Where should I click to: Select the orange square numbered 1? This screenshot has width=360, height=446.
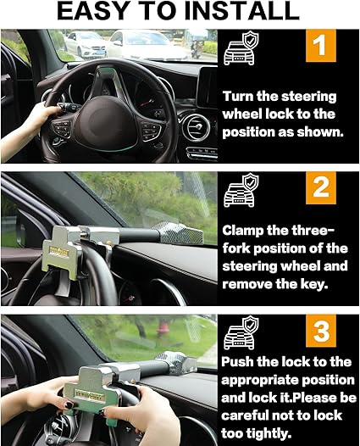(321, 46)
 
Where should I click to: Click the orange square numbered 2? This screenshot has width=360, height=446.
(321, 187)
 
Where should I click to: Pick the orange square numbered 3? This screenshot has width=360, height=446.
(321, 331)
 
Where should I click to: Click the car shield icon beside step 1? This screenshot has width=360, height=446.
(241, 48)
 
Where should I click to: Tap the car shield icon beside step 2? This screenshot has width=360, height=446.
(241, 190)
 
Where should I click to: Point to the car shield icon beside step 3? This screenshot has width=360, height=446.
(241, 332)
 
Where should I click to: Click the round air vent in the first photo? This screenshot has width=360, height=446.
(196, 127)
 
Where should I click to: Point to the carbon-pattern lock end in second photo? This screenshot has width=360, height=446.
(178, 232)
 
